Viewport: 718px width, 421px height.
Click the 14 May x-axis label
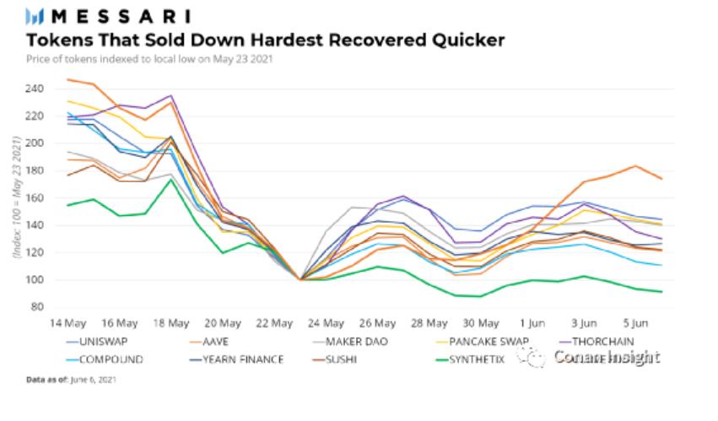67,322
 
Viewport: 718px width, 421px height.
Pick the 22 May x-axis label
275,322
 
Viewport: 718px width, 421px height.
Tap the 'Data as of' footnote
71,381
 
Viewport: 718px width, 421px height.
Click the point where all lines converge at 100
301,278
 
